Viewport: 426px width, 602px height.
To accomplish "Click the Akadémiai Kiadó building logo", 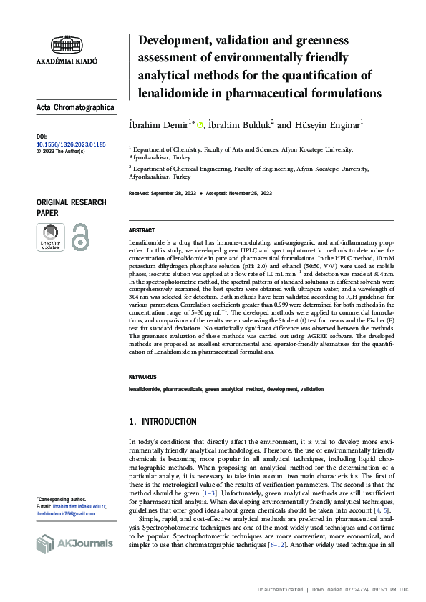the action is pos(66,45).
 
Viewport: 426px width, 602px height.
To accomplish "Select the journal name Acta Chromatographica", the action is pos(75,108).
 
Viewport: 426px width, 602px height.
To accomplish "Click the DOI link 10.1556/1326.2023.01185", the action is pos(70,144).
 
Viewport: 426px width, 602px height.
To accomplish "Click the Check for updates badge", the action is pos(50,237).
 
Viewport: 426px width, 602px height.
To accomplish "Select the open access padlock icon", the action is pos(80,237).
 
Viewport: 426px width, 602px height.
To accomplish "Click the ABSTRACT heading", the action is pos(141,230).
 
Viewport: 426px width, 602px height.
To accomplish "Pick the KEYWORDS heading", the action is pos(142,377).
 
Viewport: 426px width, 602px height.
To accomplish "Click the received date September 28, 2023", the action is pos(177,194).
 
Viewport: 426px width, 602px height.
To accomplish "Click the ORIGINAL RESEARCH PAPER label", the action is pos(71,207).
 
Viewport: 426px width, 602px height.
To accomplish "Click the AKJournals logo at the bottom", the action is pos(74,543).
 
